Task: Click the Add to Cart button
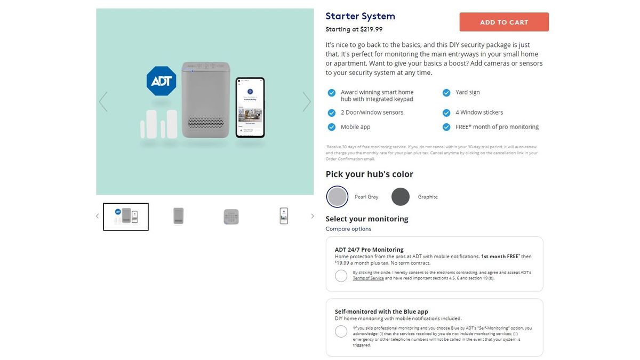pos(504,22)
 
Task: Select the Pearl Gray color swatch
pos(337,197)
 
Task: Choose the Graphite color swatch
pos(401,197)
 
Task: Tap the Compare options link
pos(348,229)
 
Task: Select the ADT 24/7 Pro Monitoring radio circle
pos(341,276)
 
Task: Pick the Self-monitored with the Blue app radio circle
pos(341,331)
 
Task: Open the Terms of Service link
pos(368,278)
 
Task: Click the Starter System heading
pos(360,16)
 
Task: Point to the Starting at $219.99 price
pos(354,30)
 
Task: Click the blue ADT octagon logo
pos(161,81)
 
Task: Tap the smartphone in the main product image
pos(250,108)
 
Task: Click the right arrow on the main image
pos(307,102)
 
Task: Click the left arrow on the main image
pos(103,102)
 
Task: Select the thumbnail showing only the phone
pos(284,216)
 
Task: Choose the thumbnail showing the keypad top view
pos(231,217)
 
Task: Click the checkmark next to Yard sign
pos(446,92)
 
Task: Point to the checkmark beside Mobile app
pos(332,127)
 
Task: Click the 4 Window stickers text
pos(479,113)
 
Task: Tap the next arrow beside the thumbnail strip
pos(313,216)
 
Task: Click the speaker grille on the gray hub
pos(206,123)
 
